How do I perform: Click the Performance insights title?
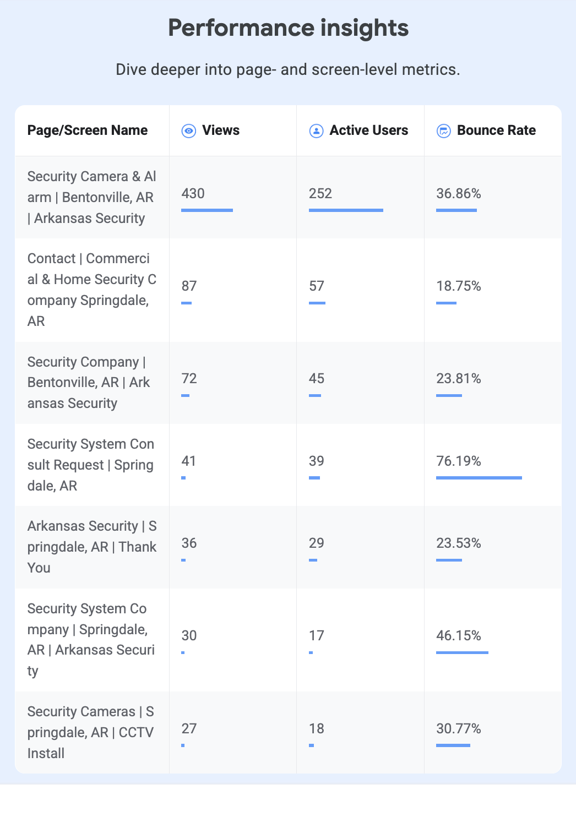click(x=288, y=28)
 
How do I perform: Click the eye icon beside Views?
click(x=188, y=131)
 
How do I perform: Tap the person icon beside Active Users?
click(x=316, y=131)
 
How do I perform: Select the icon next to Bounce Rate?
click(x=444, y=131)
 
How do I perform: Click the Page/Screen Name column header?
click(x=88, y=130)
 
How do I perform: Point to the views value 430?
click(x=193, y=193)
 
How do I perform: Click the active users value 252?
click(x=320, y=193)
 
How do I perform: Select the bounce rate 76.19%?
click(x=459, y=461)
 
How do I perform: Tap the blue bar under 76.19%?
click(x=479, y=478)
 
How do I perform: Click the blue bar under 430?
click(x=207, y=210)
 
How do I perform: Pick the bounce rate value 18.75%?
click(x=459, y=286)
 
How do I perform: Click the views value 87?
click(x=189, y=286)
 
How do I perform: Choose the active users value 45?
click(x=317, y=379)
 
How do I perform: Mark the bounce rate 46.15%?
click(x=459, y=636)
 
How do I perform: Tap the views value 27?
click(x=189, y=728)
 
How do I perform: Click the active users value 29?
click(x=317, y=543)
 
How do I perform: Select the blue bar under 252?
click(x=346, y=210)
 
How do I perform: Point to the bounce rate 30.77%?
click(x=459, y=728)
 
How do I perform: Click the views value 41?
click(x=188, y=461)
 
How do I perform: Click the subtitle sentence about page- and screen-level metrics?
click(x=288, y=69)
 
